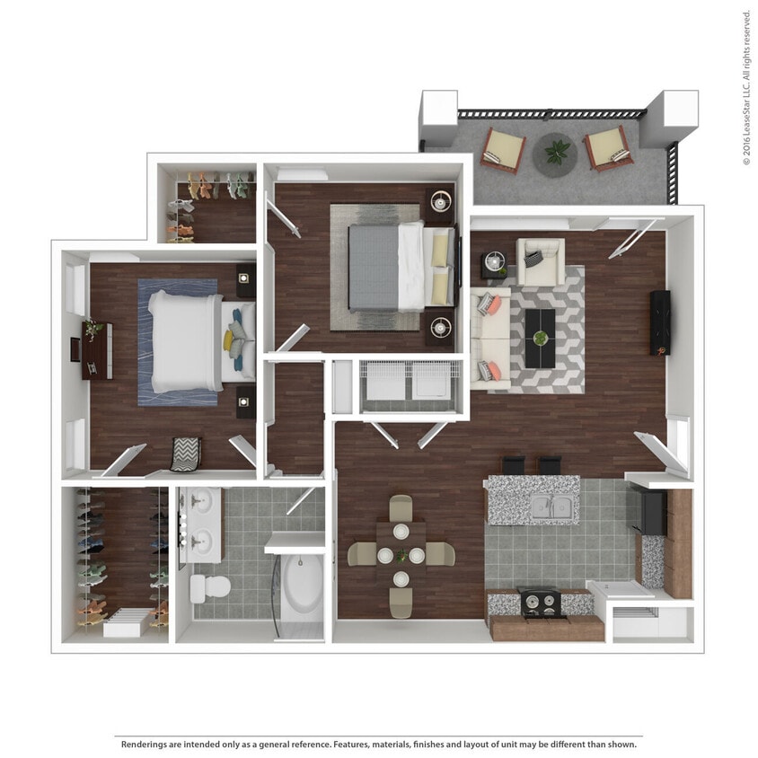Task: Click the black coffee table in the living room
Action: [x=540, y=339]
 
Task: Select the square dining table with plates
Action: [x=401, y=555]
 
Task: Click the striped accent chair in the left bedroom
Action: [x=185, y=454]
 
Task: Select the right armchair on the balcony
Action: [x=610, y=148]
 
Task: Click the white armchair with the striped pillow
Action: [x=541, y=260]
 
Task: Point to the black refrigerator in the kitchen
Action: [x=650, y=511]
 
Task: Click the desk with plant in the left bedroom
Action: [x=96, y=349]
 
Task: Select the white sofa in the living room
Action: [x=490, y=339]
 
